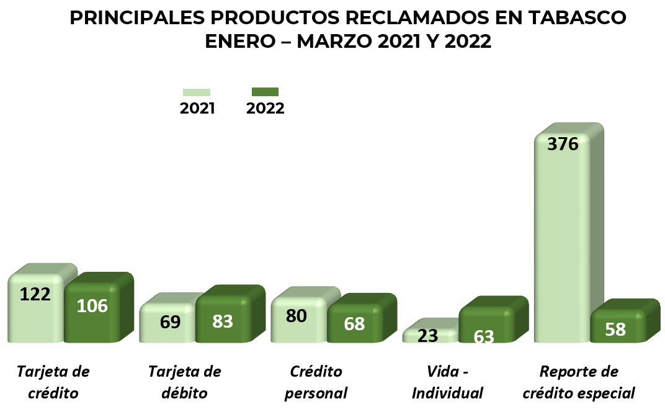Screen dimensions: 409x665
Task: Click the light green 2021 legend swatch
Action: coord(196,92)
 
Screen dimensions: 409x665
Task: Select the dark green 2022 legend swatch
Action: coord(265,92)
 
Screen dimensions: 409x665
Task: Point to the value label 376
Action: coord(563,145)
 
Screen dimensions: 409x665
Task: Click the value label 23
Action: coord(428,336)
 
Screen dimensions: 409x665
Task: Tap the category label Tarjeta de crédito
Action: coord(53,382)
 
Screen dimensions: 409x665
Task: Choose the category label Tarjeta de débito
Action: coord(184,382)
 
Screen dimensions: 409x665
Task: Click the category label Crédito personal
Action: coord(316,382)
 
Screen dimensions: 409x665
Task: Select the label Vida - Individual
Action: coord(447,382)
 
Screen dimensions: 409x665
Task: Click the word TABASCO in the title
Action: coord(576,18)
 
